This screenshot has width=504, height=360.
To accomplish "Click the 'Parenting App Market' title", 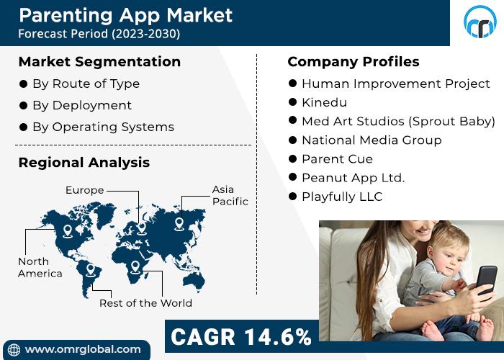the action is click(x=126, y=16).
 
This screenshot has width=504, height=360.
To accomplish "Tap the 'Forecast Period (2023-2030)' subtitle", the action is click(x=99, y=34).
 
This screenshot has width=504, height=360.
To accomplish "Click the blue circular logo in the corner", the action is click(x=480, y=22).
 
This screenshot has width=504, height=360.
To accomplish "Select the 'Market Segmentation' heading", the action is click(x=99, y=62).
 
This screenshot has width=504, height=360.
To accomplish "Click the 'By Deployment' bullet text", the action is click(x=82, y=105).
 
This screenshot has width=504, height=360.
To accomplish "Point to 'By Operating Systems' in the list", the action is click(x=103, y=127).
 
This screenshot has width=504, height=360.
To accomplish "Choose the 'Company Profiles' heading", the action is click(x=354, y=62).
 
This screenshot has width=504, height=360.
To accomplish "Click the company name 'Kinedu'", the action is click(x=324, y=102).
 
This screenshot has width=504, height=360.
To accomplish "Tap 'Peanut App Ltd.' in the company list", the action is click(x=354, y=178).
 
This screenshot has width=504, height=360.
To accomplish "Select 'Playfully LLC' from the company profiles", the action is click(x=342, y=197).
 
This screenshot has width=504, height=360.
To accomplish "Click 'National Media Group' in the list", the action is click(x=372, y=140).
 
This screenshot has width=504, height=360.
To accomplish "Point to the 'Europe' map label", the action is click(x=84, y=190).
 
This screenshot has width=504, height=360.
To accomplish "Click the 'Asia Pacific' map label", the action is click(x=230, y=195).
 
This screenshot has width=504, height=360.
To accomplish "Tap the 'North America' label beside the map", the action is click(x=40, y=267).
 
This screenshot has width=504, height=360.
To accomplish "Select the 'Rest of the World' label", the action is click(x=145, y=303).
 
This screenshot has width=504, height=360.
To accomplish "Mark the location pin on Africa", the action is click(x=135, y=267).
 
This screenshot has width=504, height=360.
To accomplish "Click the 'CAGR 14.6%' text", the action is click(x=241, y=337).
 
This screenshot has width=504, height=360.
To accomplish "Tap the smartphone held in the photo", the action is click(x=487, y=280).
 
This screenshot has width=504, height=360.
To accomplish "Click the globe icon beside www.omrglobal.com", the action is click(x=14, y=350).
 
